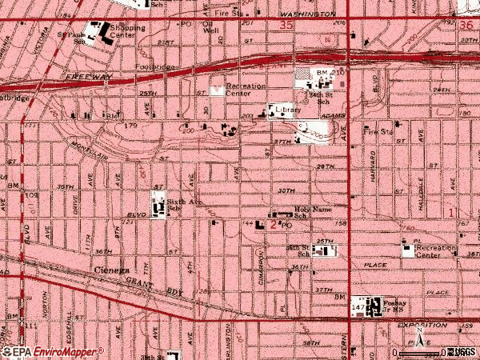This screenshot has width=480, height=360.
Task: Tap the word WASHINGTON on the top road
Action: tap(306, 14)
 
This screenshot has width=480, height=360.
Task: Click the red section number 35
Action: tap(286, 26)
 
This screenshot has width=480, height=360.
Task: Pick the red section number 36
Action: tap(467, 26)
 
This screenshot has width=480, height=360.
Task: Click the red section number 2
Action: tap(273, 226)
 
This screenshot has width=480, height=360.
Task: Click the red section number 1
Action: tap(450, 213)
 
